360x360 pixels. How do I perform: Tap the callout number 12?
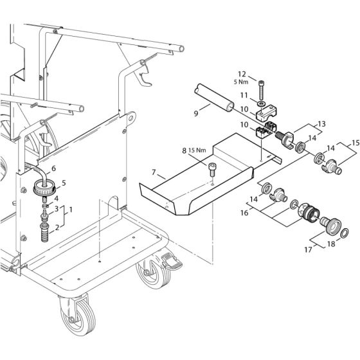tap(242, 73)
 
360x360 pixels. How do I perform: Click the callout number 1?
tap(71, 210)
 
